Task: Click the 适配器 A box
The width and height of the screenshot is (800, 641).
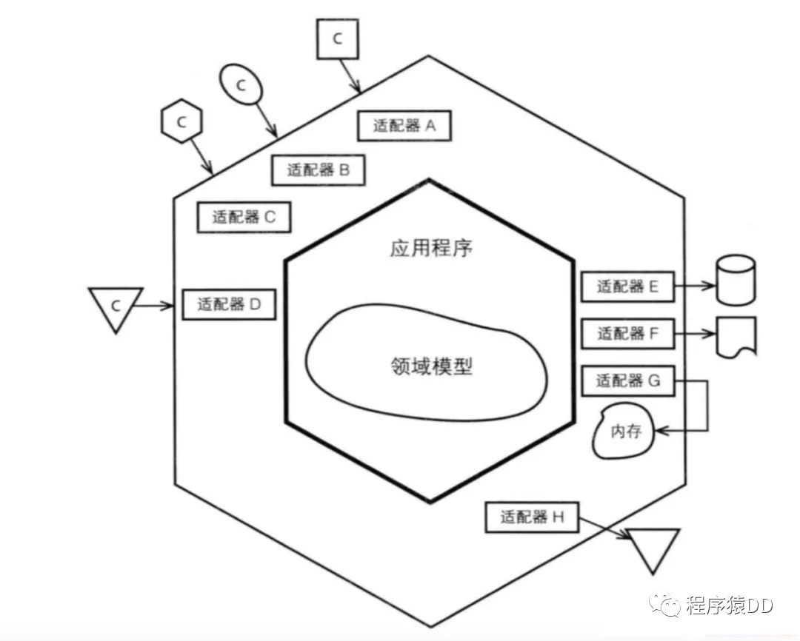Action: (x=404, y=126)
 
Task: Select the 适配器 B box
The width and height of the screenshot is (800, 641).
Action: (x=318, y=170)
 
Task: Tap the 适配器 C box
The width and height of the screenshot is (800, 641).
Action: (x=244, y=217)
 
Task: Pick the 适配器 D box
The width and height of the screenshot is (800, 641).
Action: (x=228, y=303)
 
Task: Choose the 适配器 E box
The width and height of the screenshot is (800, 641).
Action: (x=627, y=286)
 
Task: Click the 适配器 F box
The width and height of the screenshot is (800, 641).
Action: (x=627, y=334)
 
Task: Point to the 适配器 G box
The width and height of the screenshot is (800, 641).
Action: (x=627, y=381)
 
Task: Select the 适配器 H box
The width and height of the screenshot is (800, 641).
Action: (x=532, y=517)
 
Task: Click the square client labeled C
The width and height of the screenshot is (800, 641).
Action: (x=338, y=39)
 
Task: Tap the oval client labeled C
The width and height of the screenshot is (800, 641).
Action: (x=241, y=84)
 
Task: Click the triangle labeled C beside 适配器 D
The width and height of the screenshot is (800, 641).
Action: (x=115, y=306)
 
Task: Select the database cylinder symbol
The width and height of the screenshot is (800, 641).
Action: (x=736, y=280)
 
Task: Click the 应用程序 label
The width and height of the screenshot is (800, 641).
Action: (x=430, y=248)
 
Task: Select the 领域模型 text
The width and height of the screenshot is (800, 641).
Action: (x=430, y=366)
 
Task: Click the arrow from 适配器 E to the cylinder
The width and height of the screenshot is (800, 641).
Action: (x=695, y=286)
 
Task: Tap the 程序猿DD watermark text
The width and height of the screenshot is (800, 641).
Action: (x=729, y=605)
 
